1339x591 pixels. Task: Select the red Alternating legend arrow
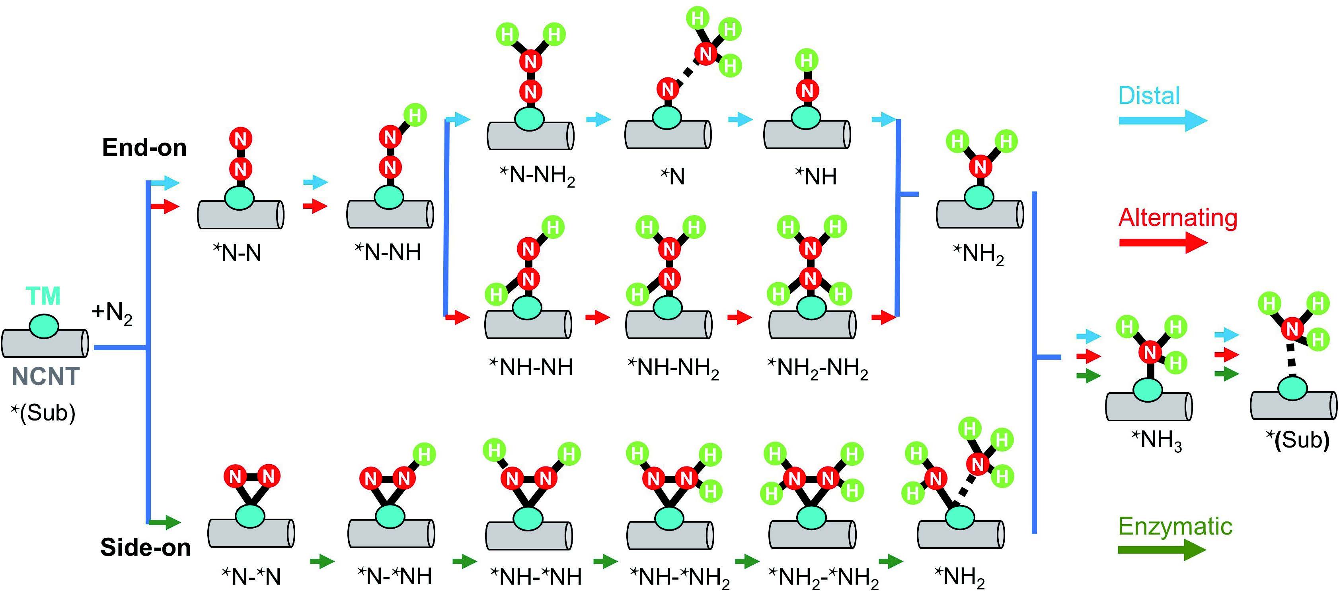[x=1162, y=242]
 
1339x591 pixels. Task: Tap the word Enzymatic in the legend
[x=1175, y=526]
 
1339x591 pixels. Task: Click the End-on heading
[x=144, y=147]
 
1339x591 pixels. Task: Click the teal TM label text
[x=43, y=296]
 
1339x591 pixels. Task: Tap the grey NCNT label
[x=45, y=376]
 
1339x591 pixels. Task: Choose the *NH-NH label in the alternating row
[x=531, y=367]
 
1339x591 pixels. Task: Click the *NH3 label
[x=1156, y=440]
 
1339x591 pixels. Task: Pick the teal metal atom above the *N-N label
[x=240, y=198]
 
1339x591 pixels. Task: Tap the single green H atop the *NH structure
[x=806, y=60]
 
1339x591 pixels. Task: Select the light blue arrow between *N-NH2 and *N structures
[x=598, y=120]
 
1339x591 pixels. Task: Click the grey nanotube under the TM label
[x=45, y=343]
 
